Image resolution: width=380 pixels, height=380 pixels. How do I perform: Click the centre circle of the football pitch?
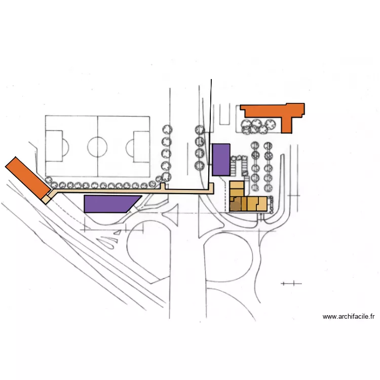tap(97, 146)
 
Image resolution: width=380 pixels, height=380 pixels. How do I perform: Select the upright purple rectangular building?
tap(221, 160)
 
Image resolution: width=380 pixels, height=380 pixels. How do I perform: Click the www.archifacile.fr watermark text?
tap(349, 317)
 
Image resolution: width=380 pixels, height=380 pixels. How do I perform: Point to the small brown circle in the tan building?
tap(235, 205)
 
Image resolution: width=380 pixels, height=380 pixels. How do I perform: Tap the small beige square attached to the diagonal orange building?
tap(46, 199)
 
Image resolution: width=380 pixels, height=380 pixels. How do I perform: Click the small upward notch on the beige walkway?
tap(163, 186)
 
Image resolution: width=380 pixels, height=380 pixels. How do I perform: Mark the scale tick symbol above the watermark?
tap(291, 283)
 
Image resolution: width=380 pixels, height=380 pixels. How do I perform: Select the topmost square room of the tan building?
tap(237, 186)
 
